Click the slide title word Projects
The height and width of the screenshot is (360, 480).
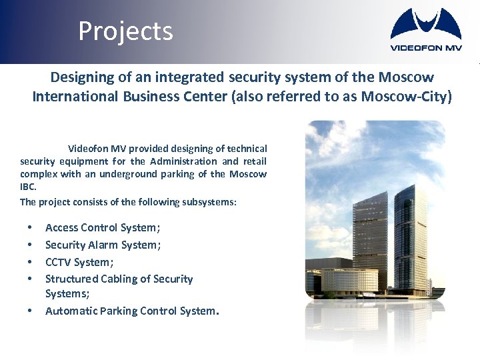point(125,31)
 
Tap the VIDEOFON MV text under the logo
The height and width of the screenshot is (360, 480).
point(425,47)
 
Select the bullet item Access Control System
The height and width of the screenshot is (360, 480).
point(103,228)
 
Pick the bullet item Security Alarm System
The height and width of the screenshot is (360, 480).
point(103,245)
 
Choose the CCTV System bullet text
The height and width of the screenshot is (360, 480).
point(79,262)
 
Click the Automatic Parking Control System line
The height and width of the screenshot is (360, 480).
point(131,311)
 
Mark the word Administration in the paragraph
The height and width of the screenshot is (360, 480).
point(183,161)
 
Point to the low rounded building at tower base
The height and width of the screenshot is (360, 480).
point(350,280)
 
